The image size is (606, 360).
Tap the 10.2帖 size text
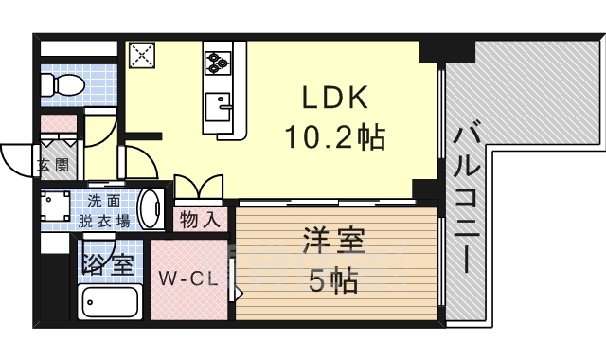pos(333,138)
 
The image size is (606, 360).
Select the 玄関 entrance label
pos(53,166)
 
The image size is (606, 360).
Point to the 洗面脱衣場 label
pos(104,210)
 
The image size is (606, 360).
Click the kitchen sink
pos(219,103)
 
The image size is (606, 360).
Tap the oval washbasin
pos(151,208)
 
